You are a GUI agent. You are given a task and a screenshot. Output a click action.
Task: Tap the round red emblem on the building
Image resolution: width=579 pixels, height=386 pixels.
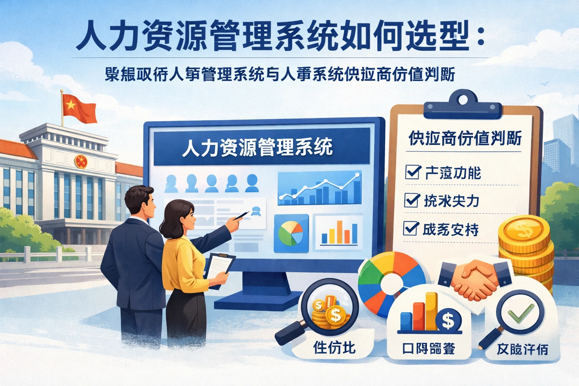[x=81, y=162]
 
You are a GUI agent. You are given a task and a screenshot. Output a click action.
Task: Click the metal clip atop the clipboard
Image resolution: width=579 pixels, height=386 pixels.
[x=463, y=105]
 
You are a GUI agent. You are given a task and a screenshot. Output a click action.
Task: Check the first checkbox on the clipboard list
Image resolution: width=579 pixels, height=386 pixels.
[x=412, y=172]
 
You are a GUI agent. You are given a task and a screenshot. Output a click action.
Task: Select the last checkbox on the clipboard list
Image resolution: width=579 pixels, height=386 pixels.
[x=411, y=228]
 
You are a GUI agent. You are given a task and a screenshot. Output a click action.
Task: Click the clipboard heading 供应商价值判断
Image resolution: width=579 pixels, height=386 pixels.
[x=465, y=138]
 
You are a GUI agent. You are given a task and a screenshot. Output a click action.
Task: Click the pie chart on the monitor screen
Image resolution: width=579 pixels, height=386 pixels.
[x=291, y=233]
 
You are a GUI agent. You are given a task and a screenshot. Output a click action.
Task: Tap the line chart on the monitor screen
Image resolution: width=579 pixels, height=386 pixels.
[x=320, y=188]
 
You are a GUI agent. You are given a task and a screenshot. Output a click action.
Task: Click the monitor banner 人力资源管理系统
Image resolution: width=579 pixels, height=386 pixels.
[x=257, y=147]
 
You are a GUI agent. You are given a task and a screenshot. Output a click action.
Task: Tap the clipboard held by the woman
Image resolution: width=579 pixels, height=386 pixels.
[x=219, y=270]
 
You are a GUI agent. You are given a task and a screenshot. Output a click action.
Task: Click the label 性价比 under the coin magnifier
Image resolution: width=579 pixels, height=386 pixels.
[x=334, y=347]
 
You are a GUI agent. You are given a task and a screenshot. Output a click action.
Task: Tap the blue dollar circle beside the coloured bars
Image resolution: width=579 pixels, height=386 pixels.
[x=448, y=320]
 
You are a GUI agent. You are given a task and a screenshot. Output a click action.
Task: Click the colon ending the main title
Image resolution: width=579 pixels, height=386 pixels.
[x=480, y=37]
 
